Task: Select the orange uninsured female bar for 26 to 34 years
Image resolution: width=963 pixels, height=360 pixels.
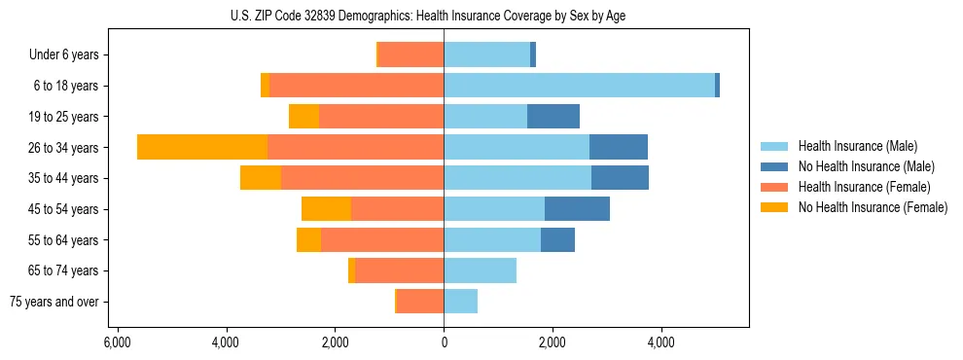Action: (x=202, y=147)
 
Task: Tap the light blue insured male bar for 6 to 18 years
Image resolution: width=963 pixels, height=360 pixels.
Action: (x=580, y=86)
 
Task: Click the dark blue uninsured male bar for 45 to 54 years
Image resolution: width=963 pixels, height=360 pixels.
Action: (x=577, y=208)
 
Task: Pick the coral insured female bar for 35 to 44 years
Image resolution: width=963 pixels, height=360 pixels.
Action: (x=362, y=178)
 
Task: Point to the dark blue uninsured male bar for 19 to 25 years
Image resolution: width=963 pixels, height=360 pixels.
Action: (x=553, y=117)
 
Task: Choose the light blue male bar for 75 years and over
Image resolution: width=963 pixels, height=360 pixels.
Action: (x=461, y=302)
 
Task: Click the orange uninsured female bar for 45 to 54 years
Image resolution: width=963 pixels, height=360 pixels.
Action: (x=326, y=208)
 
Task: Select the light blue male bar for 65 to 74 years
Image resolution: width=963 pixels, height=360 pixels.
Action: (x=481, y=270)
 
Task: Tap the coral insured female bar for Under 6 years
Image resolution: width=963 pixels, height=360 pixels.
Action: (x=410, y=54)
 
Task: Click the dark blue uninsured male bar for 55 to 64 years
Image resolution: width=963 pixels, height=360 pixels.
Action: (x=557, y=239)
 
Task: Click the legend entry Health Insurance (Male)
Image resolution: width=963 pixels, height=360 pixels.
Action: (x=857, y=146)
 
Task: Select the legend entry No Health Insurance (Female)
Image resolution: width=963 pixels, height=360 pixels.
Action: (x=873, y=207)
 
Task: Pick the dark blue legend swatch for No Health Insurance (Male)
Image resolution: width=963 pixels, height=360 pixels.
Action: (x=774, y=166)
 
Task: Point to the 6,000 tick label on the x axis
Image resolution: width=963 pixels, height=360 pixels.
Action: (x=117, y=343)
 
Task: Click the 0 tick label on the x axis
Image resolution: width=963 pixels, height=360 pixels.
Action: (x=445, y=343)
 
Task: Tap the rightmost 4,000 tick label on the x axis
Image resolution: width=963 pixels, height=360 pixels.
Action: (x=661, y=343)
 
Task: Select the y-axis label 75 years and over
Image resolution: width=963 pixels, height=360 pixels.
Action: (x=54, y=302)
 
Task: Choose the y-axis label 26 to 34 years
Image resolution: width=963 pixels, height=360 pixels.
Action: (x=65, y=148)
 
